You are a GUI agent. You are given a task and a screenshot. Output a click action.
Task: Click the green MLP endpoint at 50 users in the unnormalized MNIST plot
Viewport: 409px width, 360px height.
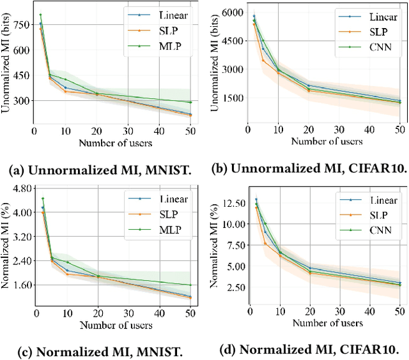[x=190, y=102]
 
